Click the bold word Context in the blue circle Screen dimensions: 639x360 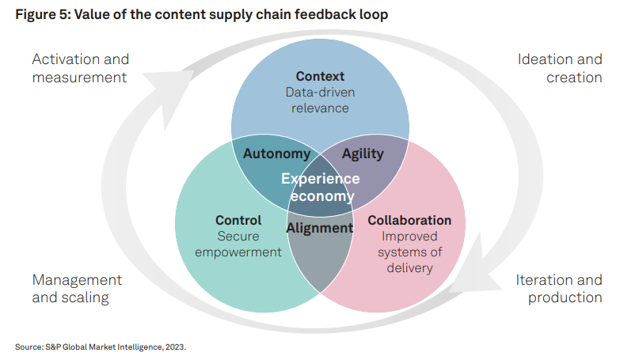[320, 76]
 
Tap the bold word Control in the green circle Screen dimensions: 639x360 [238, 220]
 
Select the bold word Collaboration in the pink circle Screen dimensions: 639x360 [409, 220]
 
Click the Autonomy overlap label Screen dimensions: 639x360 [276, 154]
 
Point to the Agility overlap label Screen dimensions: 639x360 [363, 154]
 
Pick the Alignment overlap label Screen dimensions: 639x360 [320, 228]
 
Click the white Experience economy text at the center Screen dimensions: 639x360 [321, 188]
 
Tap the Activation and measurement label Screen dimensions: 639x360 [80, 68]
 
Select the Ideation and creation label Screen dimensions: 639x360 [560, 68]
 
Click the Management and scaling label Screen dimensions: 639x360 [77, 289]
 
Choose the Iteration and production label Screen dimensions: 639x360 [559, 289]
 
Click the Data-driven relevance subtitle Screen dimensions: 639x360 [320, 100]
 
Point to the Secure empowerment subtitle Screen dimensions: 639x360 [238, 244]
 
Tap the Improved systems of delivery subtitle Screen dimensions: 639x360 [409, 252]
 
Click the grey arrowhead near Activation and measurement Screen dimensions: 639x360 [167, 93]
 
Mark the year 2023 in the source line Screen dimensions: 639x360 [175, 347]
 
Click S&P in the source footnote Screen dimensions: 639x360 [53, 347]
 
